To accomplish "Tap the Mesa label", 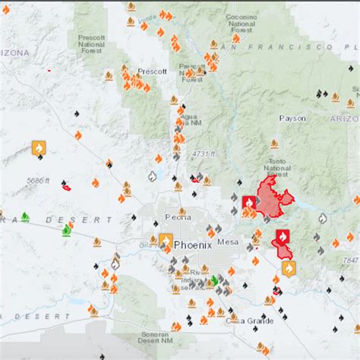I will pyautogui.click(x=227, y=242).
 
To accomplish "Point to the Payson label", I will pyautogui.click(x=292, y=118).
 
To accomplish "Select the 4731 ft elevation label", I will pyautogui.click(x=201, y=153).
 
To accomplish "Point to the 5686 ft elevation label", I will pyautogui.click(x=38, y=180).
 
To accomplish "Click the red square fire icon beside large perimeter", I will pyautogui.click(x=249, y=203).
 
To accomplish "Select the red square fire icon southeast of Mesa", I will pyautogui.click(x=283, y=236).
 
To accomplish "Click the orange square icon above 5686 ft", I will pyautogui.click(x=39, y=148).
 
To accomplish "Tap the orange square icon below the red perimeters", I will pyautogui.click(x=289, y=268).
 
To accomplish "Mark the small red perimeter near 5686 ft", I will pyautogui.click(x=67, y=186).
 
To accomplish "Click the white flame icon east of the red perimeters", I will pyautogui.click(x=323, y=219).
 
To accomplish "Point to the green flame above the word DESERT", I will pyautogui.click(x=25, y=216).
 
